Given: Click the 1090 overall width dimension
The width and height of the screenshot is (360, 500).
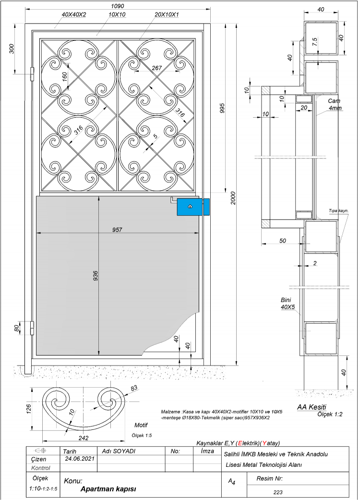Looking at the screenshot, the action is (118, 6).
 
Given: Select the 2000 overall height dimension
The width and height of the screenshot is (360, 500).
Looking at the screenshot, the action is (233, 198).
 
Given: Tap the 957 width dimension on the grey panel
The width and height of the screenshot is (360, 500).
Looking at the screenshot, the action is (117, 229).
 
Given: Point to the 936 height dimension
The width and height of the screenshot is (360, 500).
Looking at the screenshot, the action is (96, 276).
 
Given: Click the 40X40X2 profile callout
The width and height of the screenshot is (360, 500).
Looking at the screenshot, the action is (74, 14).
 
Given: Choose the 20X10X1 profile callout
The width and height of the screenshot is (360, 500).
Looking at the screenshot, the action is (167, 14).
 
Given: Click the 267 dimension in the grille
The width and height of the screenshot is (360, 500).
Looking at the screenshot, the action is (157, 68).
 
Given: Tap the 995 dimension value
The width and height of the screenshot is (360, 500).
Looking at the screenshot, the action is (222, 108).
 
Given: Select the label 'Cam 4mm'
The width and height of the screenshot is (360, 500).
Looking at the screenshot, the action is (335, 104).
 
